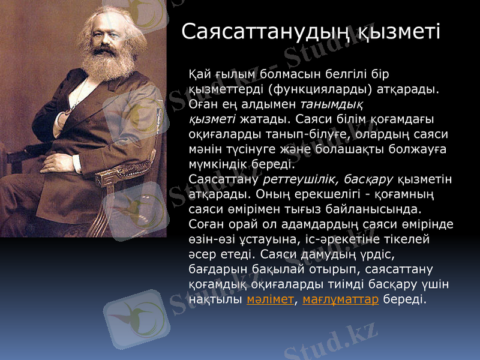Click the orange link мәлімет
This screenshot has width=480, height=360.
click(x=270, y=299)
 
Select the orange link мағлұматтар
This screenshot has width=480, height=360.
click(x=341, y=299)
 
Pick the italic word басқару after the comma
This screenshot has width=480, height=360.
click(x=368, y=179)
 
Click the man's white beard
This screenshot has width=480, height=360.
click(x=99, y=63)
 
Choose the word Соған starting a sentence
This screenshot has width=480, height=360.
click(x=206, y=224)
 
